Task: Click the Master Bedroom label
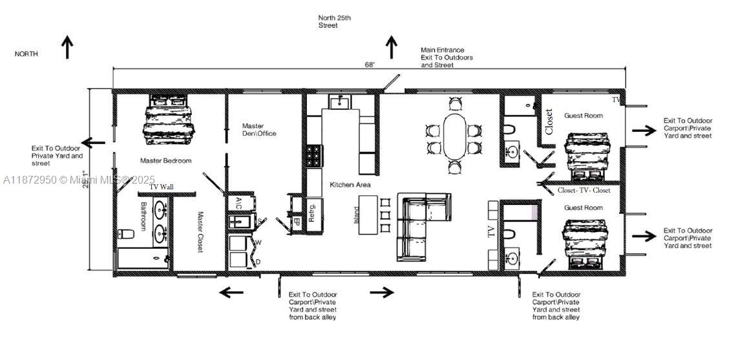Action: pos(165,160)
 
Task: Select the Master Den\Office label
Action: pos(259,130)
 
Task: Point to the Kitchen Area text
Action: pos(351,185)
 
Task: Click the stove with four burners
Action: pos(313,157)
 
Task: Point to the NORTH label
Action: pos(26,54)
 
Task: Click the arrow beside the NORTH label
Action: pos(67,48)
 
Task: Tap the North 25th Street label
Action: pos(335,21)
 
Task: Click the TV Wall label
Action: pos(162,187)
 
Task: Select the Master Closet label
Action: pos(200,233)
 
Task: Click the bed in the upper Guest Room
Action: pos(586,153)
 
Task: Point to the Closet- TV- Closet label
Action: pos(584,191)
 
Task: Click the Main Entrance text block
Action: pos(446,58)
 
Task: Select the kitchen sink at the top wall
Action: pos(340,102)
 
